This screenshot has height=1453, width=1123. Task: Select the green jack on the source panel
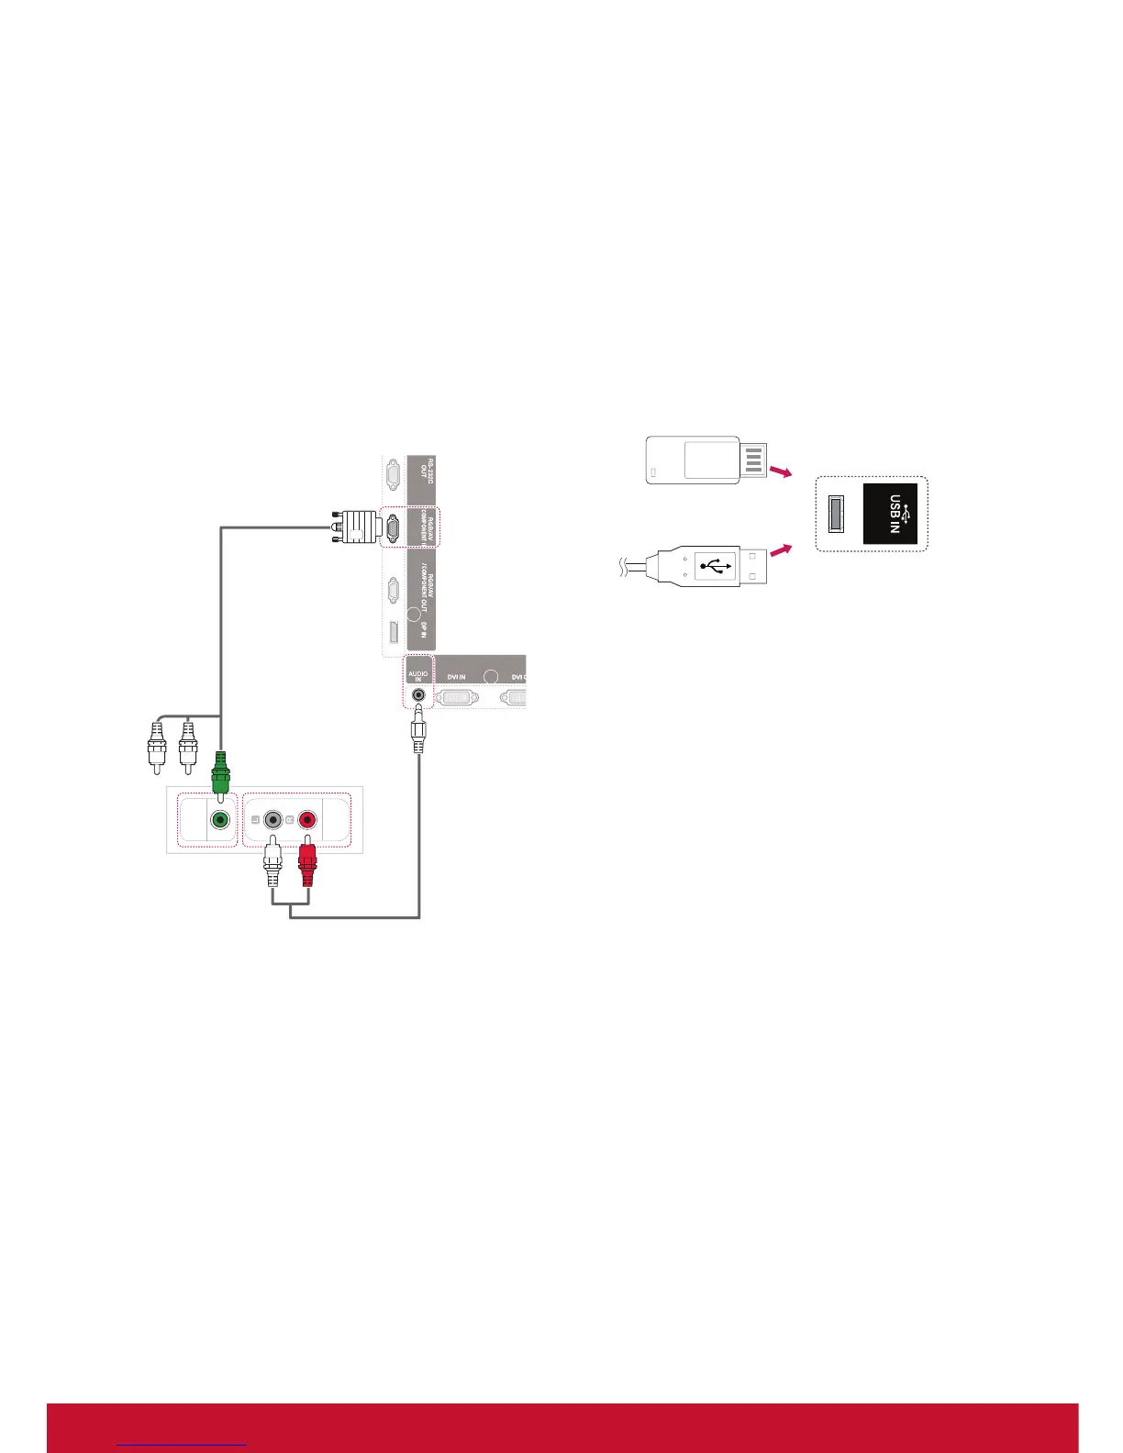[x=219, y=820]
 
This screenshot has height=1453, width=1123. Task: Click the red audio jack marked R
[x=306, y=820]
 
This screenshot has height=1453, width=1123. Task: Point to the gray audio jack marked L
[x=272, y=820]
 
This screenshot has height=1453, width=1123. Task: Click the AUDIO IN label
[x=418, y=676]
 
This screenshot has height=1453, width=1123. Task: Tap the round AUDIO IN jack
[x=418, y=696]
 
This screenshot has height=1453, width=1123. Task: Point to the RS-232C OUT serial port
[x=393, y=475]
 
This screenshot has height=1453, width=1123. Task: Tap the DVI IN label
[x=456, y=677]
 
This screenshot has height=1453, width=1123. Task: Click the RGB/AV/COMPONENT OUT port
[x=393, y=590]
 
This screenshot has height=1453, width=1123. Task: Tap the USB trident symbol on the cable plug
[x=715, y=565]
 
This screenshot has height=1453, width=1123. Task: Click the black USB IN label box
[x=890, y=514]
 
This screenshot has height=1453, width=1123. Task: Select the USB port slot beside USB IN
[x=835, y=514]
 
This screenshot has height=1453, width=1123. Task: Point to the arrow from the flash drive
[x=779, y=472]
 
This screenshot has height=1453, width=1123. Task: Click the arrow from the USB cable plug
[x=779, y=551]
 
